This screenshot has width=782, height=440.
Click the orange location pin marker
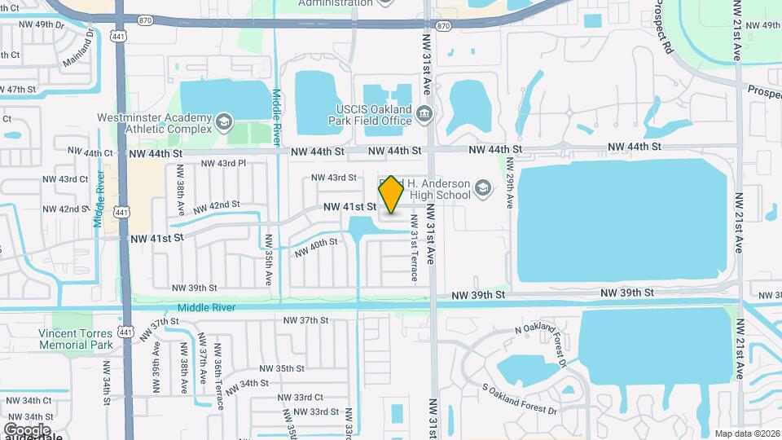coord(391,195)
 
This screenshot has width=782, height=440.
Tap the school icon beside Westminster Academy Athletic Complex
coord(223,124)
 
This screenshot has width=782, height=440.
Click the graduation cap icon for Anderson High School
coord(484,189)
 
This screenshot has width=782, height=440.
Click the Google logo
coord(26,429)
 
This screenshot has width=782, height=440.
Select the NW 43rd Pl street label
coord(220,164)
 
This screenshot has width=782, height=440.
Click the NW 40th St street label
coord(316,247)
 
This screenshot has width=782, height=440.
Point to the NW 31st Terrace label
coord(415,248)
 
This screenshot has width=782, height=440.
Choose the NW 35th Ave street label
coord(267,261)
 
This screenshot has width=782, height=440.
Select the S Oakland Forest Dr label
coord(519,398)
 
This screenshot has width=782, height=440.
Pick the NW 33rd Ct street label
coord(301,397)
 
